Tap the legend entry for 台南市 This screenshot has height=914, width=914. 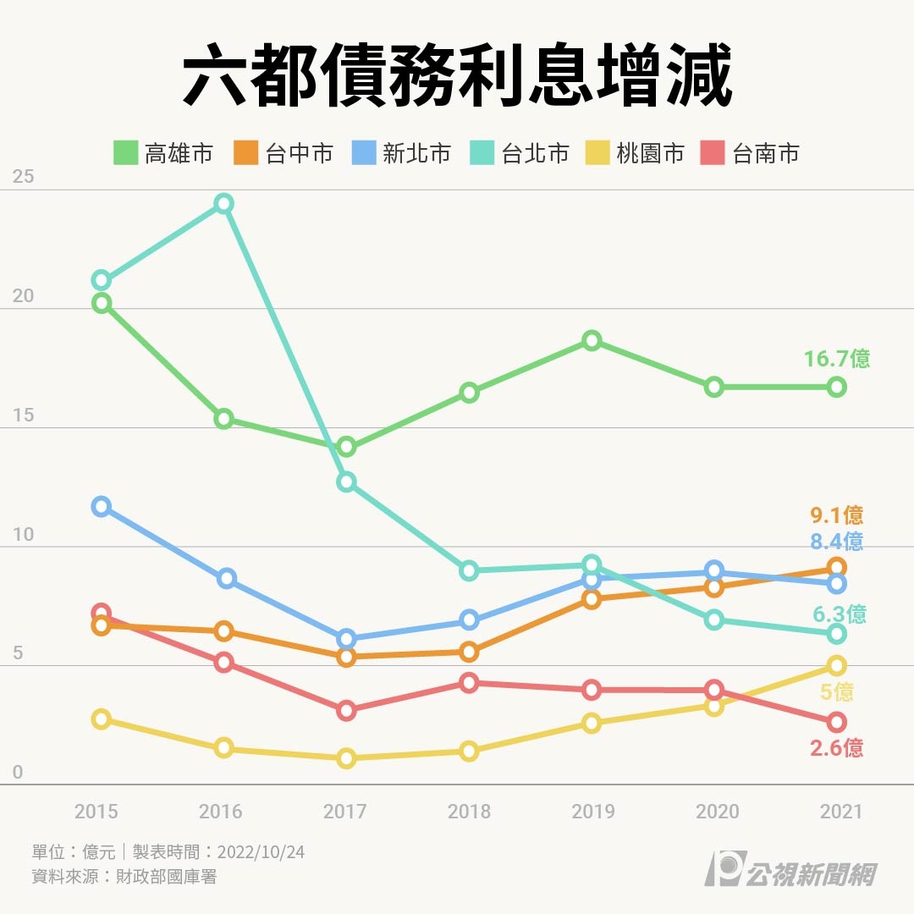click(751, 153)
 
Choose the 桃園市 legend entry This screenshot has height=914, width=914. click(636, 153)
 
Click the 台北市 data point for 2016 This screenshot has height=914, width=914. click(223, 203)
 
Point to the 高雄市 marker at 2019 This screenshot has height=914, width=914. click(592, 341)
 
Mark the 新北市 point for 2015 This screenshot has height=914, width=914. click(102, 507)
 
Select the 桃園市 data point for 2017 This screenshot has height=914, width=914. click(345, 758)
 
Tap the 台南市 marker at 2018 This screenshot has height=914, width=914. click(469, 683)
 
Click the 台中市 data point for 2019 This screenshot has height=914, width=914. click(592, 599)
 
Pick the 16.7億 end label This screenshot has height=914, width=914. click(836, 359)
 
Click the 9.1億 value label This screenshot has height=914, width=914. click(836, 515)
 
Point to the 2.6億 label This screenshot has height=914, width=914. click(836, 748)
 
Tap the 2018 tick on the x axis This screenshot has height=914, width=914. click(469, 812)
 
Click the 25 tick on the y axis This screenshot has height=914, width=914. click(24, 177)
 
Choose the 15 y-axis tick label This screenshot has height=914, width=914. click(24, 415)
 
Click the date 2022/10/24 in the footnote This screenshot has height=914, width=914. click(261, 851)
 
